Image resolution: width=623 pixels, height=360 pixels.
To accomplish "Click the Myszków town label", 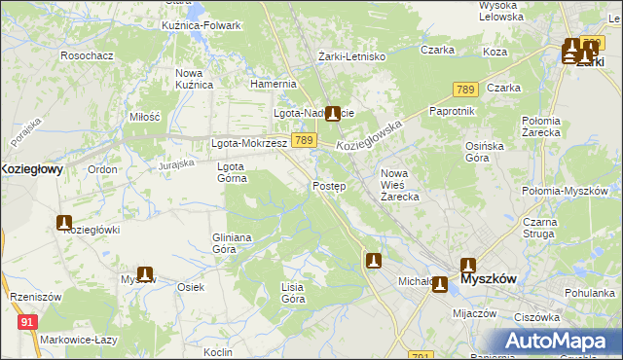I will click(489, 278).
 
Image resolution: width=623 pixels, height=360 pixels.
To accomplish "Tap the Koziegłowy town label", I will click(31, 168).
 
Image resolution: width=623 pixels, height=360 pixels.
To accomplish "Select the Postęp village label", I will click(329, 186).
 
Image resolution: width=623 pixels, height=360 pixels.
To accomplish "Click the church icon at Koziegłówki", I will click(64, 223).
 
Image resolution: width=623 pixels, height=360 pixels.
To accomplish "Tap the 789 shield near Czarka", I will click(464, 90).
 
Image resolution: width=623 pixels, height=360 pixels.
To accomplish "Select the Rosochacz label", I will click(87, 55).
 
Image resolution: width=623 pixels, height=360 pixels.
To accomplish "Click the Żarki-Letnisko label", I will click(352, 56).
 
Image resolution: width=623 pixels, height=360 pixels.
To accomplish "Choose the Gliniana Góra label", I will click(218, 242).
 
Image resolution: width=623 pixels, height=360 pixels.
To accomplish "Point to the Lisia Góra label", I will click(293, 293).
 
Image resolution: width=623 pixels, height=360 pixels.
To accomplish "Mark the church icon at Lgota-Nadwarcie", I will click(333, 114).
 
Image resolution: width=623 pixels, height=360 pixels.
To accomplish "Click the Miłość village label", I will click(144, 116).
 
